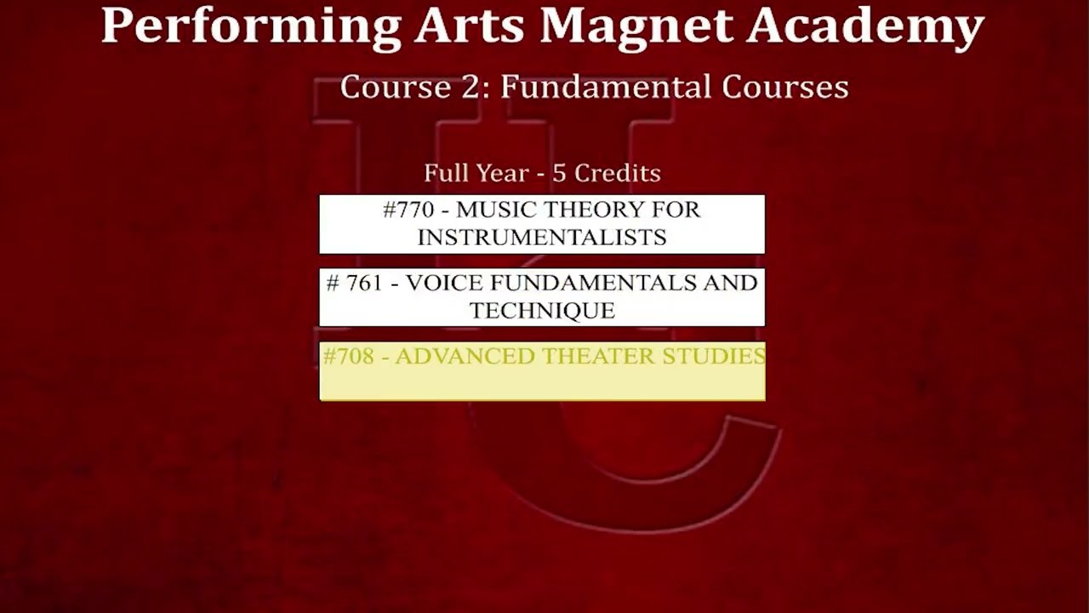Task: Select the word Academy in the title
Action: tap(865, 26)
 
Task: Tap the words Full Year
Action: tap(476, 173)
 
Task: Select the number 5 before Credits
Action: tap(559, 173)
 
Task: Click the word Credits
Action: tap(618, 173)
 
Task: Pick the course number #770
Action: tap(408, 209)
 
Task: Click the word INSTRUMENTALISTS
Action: tap(542, 238)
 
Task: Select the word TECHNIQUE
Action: tap(542, 311)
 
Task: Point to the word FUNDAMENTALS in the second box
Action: tap(587, 283)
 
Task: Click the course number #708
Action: tap(349, 356)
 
